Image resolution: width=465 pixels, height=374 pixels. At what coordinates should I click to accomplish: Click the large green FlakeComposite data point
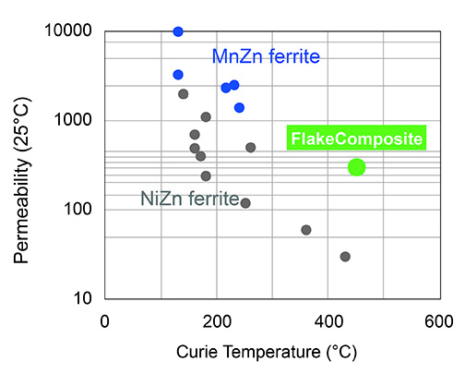coord(356,167)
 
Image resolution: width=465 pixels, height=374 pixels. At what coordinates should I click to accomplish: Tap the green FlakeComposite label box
coord(356,139)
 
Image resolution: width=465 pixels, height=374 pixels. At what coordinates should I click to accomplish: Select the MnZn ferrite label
coord(266,57)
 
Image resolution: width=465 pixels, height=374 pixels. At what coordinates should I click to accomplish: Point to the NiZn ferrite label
coord(189,198)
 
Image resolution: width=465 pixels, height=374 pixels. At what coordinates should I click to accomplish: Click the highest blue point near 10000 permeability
coord(178,31)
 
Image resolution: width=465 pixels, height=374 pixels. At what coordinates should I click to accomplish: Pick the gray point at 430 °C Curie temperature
coord(345,257)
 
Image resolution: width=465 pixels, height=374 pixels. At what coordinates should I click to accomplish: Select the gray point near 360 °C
coord(306,230)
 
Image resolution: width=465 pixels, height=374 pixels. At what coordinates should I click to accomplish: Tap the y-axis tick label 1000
coord(74,121)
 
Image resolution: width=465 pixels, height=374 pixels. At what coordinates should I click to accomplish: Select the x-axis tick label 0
coord(105,320)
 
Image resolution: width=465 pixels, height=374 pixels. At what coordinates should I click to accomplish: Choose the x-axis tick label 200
coord(217,320)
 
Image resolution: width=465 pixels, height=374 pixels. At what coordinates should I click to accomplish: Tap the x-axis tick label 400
coord(328,320)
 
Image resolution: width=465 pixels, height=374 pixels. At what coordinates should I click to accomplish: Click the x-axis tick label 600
coord(438,320)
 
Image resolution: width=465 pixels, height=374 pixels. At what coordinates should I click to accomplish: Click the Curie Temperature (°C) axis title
coord(272,352)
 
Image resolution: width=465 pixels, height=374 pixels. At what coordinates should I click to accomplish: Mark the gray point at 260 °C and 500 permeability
coord(250,148)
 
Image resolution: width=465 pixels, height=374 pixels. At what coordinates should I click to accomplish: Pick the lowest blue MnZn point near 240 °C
coord(239,108)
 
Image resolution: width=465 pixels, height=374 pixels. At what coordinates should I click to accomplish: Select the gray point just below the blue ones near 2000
coord(183,94)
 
